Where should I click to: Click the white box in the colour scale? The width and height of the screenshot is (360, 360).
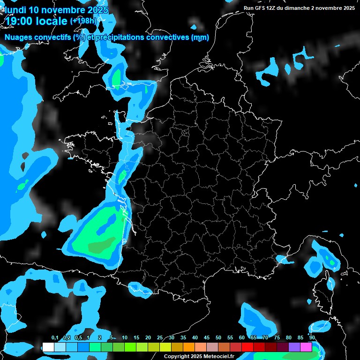tap(48, 347)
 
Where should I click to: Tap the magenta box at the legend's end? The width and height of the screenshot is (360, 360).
tap(306, 347)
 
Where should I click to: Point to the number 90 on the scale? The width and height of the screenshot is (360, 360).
tap(312, 338)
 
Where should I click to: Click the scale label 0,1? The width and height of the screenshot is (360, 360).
tap(55, 338)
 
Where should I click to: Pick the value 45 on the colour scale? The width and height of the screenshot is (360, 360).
tap(207, 338)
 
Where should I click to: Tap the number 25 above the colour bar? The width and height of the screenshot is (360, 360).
tap(160, 338)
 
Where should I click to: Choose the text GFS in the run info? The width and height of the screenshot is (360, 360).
tap(262, 8)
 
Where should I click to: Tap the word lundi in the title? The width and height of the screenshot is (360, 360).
tap(15, 10)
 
